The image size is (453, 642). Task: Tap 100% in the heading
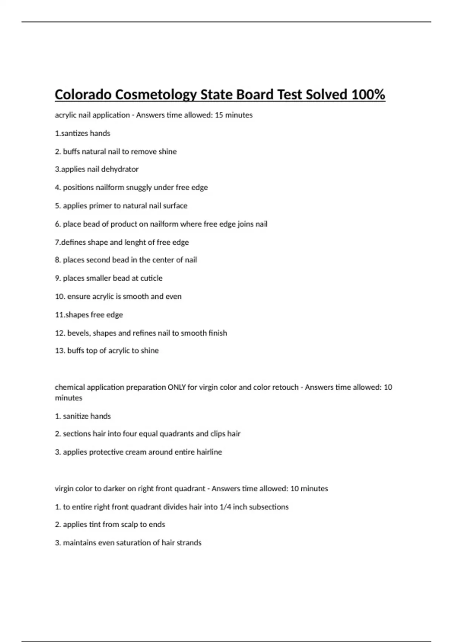[x=368, y=94]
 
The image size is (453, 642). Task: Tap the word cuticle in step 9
[x=151, y=278]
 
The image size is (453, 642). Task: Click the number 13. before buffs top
[x=60, y=351]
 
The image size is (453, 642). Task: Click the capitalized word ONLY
[x=177, y=387]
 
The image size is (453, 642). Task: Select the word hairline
[x=209, y=452]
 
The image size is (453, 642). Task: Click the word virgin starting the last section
[x=64, y=489]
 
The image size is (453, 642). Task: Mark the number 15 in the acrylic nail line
[x=219, y=115]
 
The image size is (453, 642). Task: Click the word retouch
[x=285, y=387]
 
